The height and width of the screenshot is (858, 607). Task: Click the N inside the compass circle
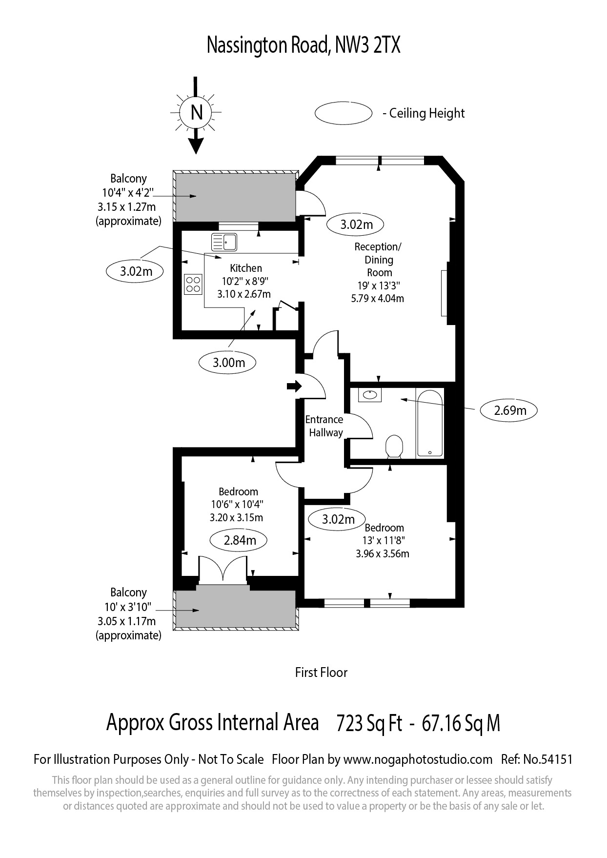(x=196, y=113)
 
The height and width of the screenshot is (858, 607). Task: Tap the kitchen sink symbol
(x=224, y=242)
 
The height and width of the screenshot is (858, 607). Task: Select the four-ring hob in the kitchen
(x=193, y=285)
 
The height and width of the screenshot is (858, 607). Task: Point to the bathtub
(x=430, y=423)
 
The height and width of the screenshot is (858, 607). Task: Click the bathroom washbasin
(x=370, y=395)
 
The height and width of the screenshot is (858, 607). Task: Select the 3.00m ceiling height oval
(x=228, y=363)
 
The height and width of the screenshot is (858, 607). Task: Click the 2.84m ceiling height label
(x=239, y=540)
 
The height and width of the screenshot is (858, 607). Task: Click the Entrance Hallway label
(x=324, y=426)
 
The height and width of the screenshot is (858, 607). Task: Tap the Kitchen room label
(x=246, y=268)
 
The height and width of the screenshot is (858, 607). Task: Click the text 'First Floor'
(x=321, y=673)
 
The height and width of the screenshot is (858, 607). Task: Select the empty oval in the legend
(x=344, y=113)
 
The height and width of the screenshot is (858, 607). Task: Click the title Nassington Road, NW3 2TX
(x=303, y=46)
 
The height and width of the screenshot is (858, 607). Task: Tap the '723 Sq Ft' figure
(x=369, y=723)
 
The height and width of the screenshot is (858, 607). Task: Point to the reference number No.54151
(x=548, y=759)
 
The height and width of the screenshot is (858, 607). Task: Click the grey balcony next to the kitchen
(x=235, y=196)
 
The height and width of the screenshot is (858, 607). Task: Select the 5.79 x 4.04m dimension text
(x=378, y=298)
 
